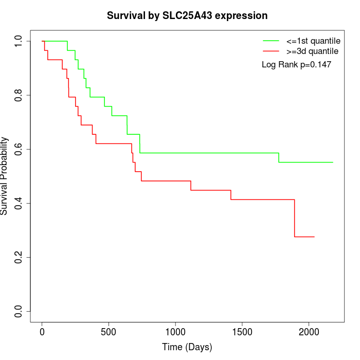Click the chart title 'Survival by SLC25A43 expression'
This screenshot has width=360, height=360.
pyautogui.click(x=187, y=16)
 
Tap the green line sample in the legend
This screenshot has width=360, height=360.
pyautogui.click(x=271, y=41)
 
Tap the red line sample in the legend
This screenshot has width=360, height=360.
pyautogui.click(x=271, y=51)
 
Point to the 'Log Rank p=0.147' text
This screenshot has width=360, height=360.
pyautogui.click(x=296, y=65)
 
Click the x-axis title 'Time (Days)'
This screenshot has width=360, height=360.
pyautogui.click(x=187, y=347)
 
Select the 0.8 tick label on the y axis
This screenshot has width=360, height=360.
pyautogui.click(x=19, y=95)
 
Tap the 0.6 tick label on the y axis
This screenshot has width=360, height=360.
pyautogui.click(x=19, y=149)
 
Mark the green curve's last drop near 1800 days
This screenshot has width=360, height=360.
pyautogui.click(x=279, y=157)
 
